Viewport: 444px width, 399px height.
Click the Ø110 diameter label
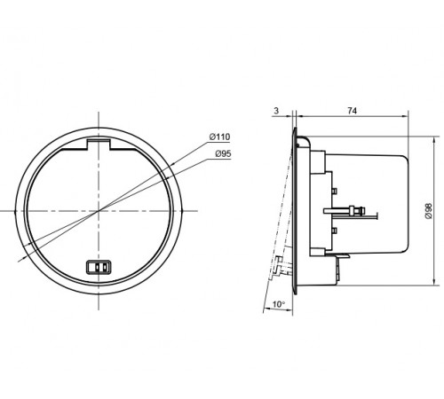pos(219,137)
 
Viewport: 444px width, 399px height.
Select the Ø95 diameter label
pos(223,153)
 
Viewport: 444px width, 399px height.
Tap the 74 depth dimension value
pos(352,111)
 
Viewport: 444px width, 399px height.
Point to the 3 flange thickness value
pos(276,111)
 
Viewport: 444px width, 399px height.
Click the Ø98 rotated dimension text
pos(428,211)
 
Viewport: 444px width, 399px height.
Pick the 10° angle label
pos(279,304)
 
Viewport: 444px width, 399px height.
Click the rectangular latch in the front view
pos(99,267)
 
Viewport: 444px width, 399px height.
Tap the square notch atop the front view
pos(99,144)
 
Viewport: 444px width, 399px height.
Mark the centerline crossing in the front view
pos(99,211)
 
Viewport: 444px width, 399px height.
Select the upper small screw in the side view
pos(334,191)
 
